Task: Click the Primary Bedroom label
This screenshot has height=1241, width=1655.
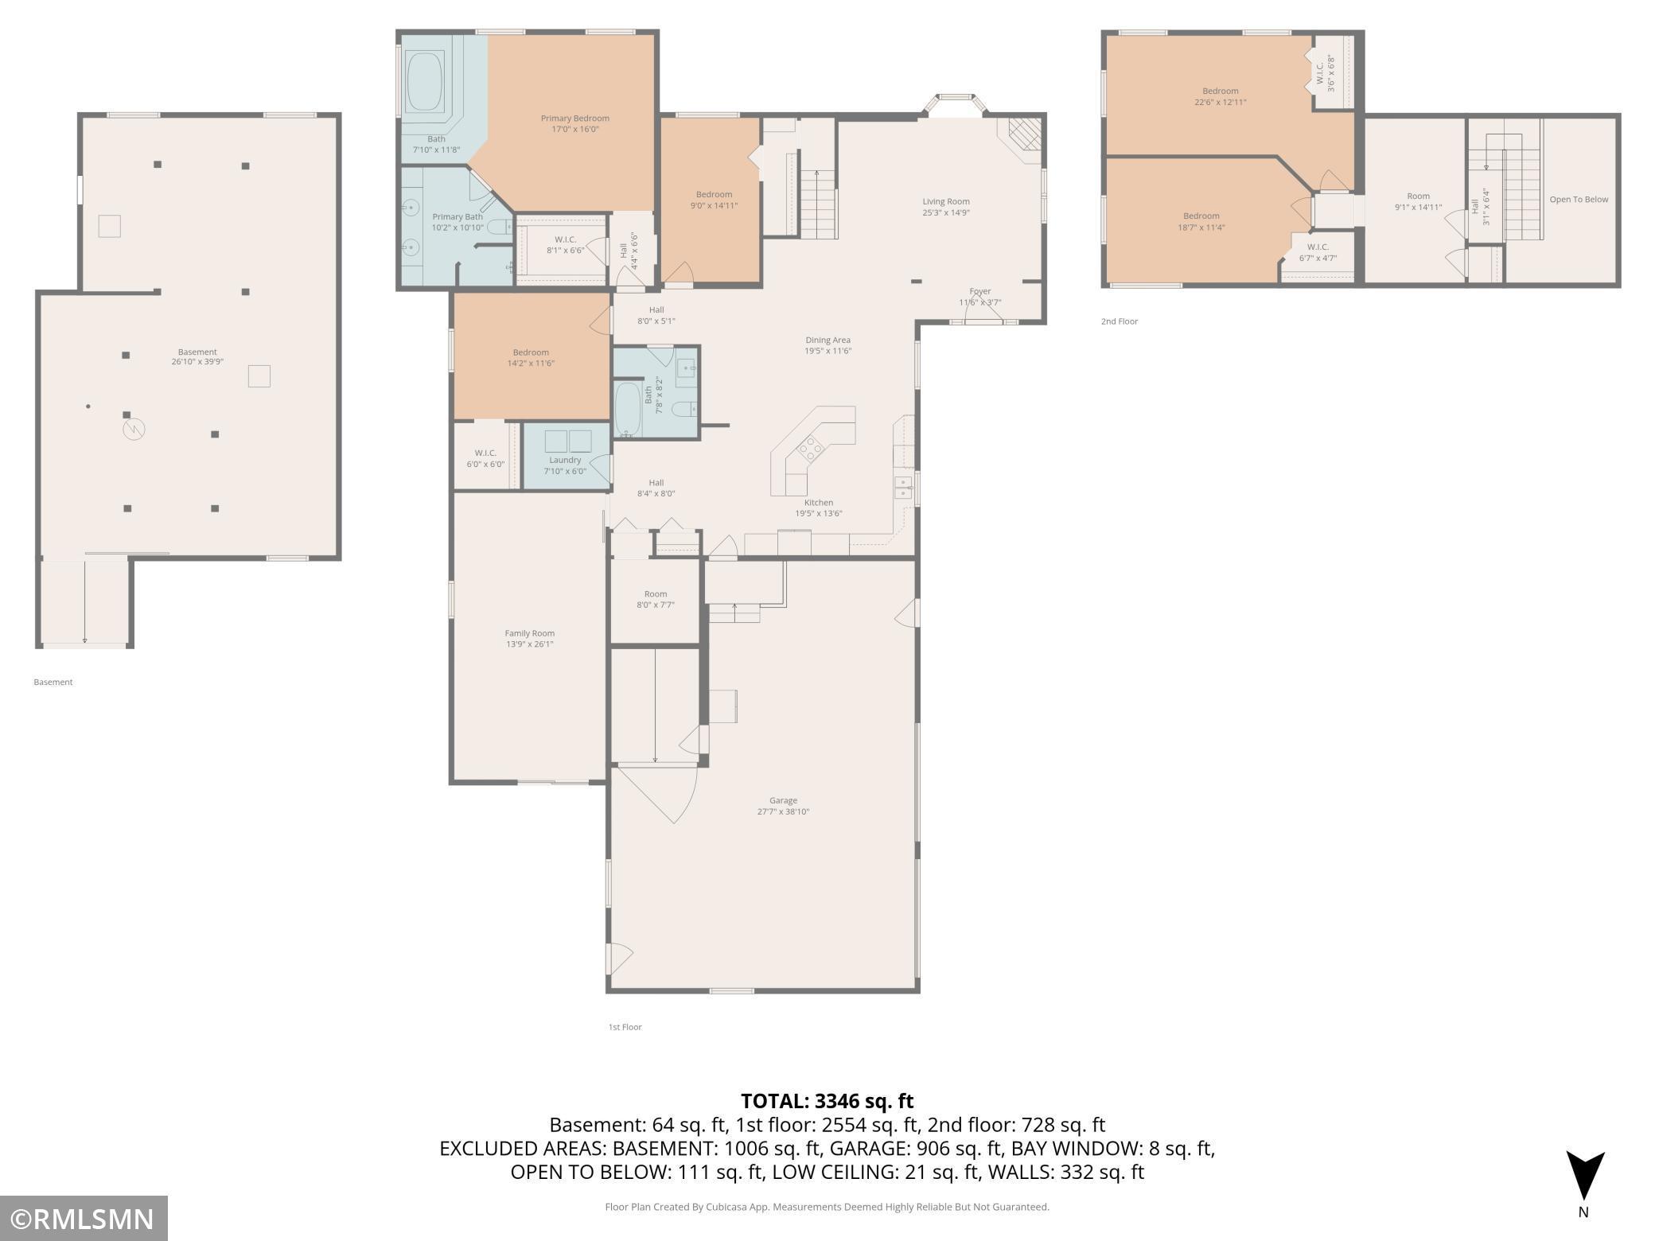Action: (574, 119)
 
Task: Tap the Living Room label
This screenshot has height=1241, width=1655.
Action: (946, 201)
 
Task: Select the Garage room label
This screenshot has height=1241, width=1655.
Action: (783, 800)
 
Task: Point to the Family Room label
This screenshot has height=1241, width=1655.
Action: (530, 633)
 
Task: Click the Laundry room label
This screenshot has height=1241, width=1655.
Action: (565, 460)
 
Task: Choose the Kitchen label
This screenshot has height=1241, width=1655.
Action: (819, 502)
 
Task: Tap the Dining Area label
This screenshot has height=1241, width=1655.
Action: (827, 340)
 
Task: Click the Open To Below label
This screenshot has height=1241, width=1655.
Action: (1579, 199)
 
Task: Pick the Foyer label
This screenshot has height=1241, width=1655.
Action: (980, 291)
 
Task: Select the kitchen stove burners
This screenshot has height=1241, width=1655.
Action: (811, 449)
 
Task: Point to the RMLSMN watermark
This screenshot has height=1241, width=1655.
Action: (83, 1219)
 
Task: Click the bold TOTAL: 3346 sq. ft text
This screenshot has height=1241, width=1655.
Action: (827, 1101)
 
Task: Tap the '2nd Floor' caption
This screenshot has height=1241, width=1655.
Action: (1120, 321)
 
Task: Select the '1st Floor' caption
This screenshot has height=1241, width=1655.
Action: (625, 1027)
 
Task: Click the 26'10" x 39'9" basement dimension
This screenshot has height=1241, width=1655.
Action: (197, 362)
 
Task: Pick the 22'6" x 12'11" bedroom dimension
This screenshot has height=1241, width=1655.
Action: (1220, 102)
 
